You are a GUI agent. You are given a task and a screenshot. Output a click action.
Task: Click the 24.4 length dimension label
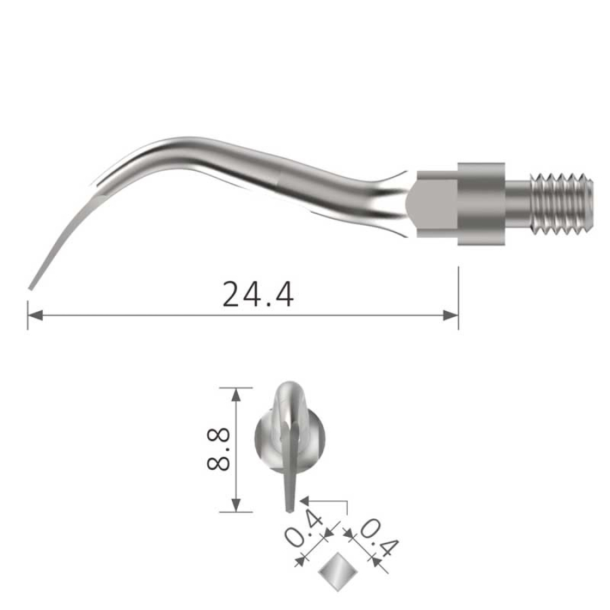tap(258, 293)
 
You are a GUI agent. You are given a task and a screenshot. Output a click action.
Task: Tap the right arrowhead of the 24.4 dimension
tap(451, 315)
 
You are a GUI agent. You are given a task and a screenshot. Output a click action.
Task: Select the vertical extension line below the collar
tap(459, 298)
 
